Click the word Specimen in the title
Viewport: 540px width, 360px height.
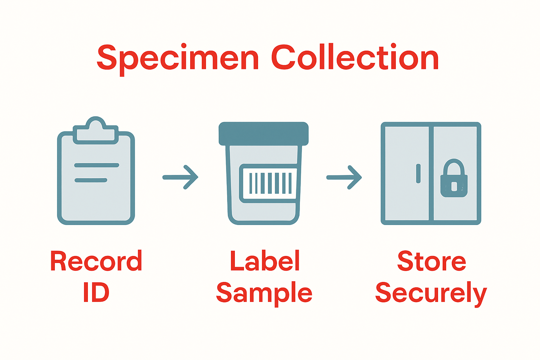click(x=178, y=58)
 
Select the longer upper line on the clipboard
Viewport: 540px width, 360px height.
click(x=97, y=165)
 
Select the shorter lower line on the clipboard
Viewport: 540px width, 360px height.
click(x=91, y=180)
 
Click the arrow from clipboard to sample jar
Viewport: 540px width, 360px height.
click(x=181, y=177)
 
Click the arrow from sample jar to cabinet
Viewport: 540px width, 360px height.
click(x=344, y=177)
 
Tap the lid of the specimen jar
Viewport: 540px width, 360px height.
click(x=263, y=133)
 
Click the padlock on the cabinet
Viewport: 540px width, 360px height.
click(x=454, y=179)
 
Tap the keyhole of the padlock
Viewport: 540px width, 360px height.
click(x=454, y=186)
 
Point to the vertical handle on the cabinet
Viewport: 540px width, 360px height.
click(x=418, y=173)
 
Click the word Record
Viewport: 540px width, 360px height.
click(x=96, y=261)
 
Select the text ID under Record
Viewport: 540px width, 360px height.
click(x=96, y=292)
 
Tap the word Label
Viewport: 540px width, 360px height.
click(x=265, y=261)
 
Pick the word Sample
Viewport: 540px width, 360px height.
click(x=264, y=293)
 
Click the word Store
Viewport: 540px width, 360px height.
click(x=431, y=261)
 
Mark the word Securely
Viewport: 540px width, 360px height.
click(x=431, y=293)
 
